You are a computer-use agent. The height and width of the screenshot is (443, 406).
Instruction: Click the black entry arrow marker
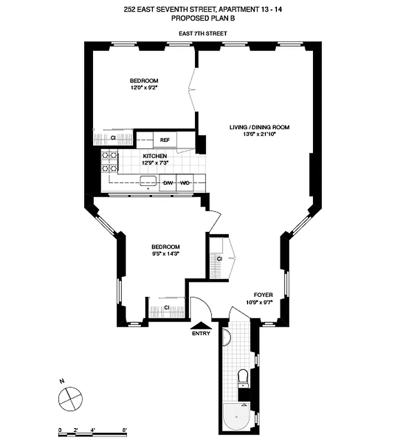(x=200, y=326)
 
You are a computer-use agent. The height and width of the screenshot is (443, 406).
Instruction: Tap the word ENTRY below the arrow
(x=200, y=334)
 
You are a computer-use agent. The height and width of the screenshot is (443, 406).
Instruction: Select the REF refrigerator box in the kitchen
(x=165, y=140)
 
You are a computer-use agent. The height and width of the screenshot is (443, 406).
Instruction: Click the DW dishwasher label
(x=167, y=182)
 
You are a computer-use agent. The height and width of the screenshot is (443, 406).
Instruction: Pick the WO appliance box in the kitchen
(x=184, y=182)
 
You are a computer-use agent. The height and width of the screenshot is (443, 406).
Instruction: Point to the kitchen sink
(x=148, y=181)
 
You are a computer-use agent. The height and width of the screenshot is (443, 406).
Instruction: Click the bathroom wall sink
(x=225, y=336)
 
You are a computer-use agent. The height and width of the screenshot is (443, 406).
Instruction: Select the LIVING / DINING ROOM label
(x=259, y=127)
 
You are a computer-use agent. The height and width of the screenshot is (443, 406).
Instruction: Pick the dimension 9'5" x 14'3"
(x=166, y=254)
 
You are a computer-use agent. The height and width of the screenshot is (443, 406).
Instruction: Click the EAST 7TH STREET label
(x=203, y=33)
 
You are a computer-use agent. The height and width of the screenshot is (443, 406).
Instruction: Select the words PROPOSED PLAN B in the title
(x=203, y=18)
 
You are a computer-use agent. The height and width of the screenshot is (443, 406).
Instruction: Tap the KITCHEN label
(x=155, y=157)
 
